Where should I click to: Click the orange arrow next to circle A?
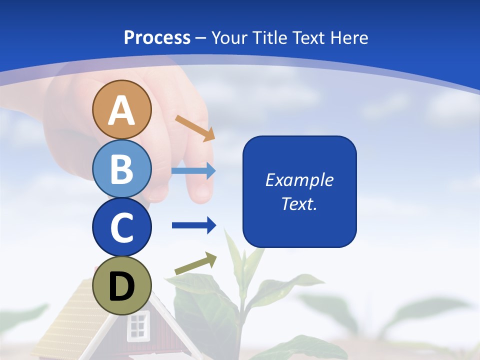click(x=194, y=127)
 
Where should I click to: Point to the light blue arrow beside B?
click(x=193, y=170)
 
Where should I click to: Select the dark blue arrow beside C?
click(x=193, y=225)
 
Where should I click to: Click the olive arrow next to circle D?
click(x=195, y=264)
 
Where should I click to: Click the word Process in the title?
click(x=157, y=37)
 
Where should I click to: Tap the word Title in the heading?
click(x=270, y=37)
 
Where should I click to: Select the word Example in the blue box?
click(x=299, y=179)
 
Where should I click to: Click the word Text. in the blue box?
click(x=299, y=203)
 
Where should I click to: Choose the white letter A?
click(x=121, y=110)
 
